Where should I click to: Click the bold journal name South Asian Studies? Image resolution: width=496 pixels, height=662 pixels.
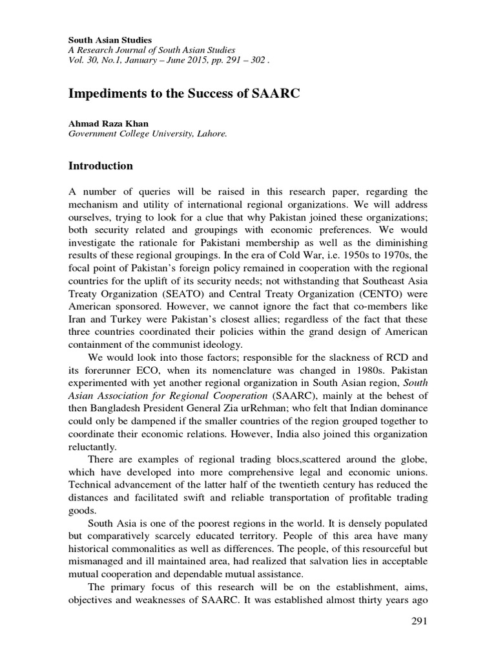110,40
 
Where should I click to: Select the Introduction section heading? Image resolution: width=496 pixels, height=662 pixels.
101,166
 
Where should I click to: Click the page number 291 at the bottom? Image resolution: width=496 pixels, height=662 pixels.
419,621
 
